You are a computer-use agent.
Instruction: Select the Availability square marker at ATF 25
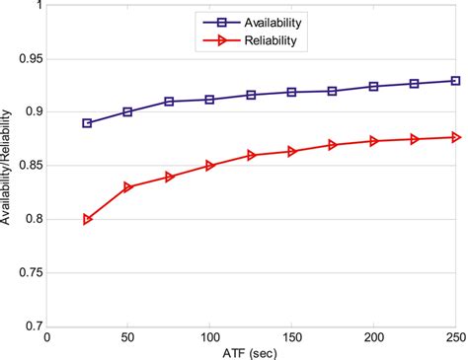tap(88, 123)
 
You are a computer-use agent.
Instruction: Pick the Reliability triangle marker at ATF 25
tap(88, 219)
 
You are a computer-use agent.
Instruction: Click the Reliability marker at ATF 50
tap(128, 186)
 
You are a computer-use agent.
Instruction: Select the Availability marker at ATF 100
tap(210, 100)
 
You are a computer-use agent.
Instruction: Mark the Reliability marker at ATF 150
tap(292, 151)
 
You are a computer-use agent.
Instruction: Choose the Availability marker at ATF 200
tap(374, 87)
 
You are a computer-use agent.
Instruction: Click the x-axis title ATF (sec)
tap(251, 351)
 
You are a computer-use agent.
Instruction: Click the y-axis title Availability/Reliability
tap(8, 166)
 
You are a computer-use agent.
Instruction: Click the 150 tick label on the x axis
tap(292, 336)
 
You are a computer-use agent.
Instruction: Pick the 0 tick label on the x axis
tap(46, 336)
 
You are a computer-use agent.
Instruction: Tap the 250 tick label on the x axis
tap(454, 336)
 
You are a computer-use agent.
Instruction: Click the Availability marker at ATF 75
tap(170, 102)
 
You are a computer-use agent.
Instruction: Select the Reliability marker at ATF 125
tap(251, 156)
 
